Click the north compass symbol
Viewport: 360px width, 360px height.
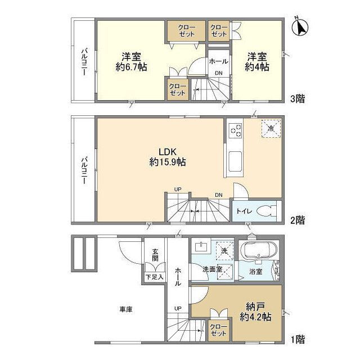point(300,26)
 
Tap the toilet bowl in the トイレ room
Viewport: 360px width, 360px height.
point(266,211)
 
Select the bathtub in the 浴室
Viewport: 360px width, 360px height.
point(259,251)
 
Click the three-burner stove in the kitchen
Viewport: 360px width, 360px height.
point(236,130)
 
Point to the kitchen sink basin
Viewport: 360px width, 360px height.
point(235,161)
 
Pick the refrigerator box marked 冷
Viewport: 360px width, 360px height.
point(271,128)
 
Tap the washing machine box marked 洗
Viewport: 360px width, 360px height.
point(224,250)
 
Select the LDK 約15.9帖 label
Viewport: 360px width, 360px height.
point(168,157)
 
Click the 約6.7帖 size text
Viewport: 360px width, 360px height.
point(131,67)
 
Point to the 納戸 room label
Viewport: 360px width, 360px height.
point(256,306)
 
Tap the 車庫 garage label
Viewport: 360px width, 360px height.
point(126,309)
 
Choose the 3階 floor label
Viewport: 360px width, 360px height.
point(298,99)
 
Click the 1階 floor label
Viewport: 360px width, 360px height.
point(298,339)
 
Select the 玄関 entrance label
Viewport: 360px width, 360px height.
point(155,255)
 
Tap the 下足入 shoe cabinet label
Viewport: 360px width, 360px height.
point(155,277)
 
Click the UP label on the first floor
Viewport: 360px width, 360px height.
point(178,308)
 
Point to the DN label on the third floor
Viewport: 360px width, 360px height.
point(219,73)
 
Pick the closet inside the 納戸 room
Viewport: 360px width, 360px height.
point(218,330)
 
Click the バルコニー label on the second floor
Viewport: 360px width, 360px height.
point(84,170)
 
